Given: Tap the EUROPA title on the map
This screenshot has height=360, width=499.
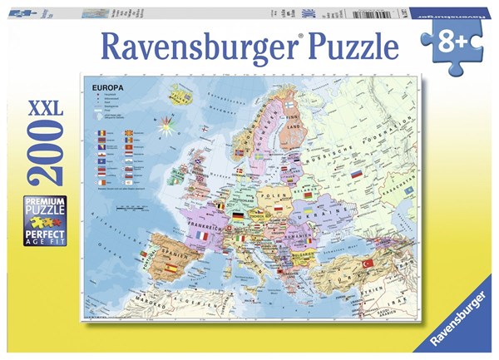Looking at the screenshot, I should [102, 86].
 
